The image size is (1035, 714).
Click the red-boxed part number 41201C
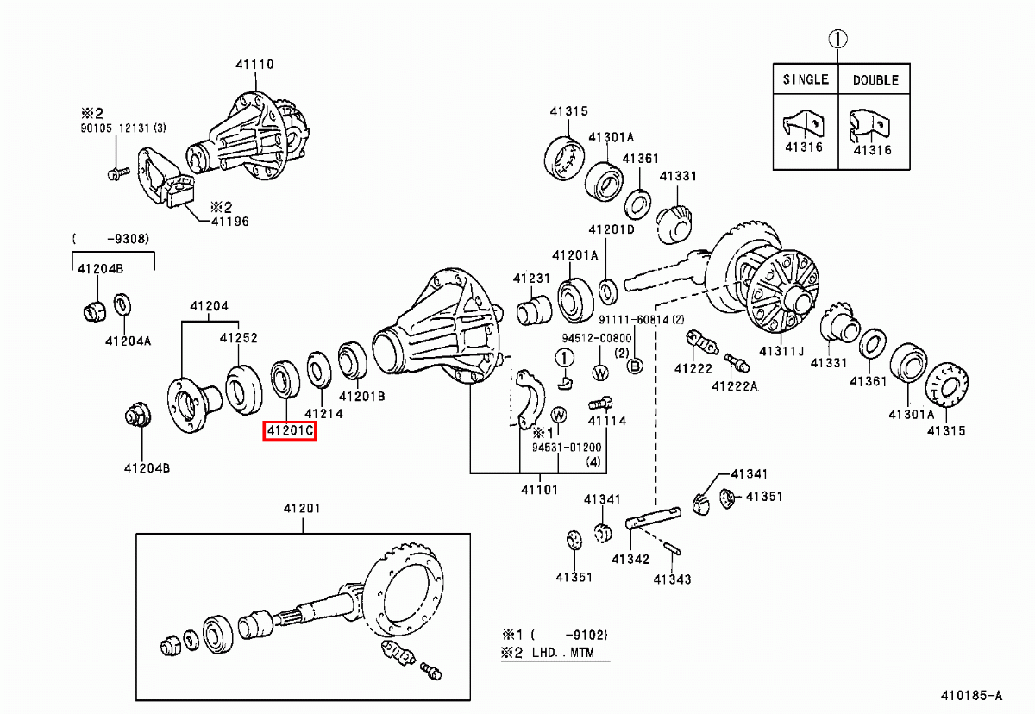290,431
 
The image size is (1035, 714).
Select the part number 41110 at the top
254,64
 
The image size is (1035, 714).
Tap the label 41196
230,222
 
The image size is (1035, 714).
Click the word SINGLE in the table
806,79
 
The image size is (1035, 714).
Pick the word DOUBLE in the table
875,80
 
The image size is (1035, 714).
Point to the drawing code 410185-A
972,696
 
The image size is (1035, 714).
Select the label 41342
630,560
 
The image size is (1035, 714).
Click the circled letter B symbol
635,366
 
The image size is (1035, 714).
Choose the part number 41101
539,490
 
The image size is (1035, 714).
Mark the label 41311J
781,352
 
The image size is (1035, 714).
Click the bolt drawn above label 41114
600,404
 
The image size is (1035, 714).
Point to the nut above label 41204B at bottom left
138,415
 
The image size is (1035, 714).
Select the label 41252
238,338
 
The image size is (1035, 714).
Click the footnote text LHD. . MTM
562,653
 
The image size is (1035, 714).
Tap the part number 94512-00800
597,338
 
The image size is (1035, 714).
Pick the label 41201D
612,229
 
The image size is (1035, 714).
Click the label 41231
531,279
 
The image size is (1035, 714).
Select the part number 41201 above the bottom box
302,509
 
